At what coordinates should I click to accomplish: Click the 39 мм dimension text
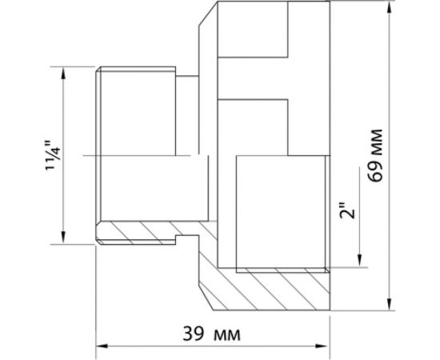pos(211,334)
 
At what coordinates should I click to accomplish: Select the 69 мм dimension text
pos(375,156)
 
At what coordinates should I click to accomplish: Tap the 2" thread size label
pos(347,210)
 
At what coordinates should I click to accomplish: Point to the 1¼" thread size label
pos(54,155)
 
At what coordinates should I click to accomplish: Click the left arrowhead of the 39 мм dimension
pos(102,346)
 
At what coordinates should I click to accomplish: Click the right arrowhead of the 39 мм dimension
pos(323,346)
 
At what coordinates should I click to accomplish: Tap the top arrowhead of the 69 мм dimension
pos(389,7)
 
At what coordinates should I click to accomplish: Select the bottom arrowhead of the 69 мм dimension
pos(389,304)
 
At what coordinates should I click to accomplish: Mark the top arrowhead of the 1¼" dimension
pos(63,73)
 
